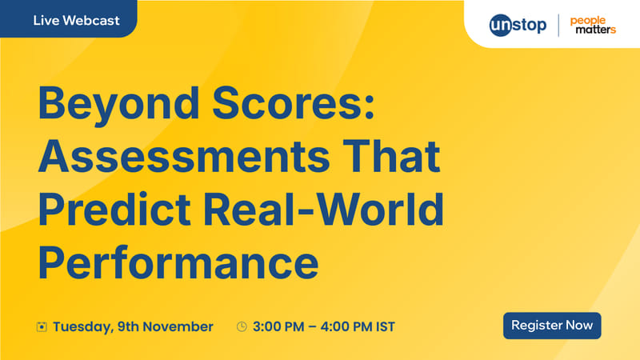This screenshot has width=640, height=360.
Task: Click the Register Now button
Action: tap(552, 326)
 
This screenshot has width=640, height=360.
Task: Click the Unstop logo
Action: tap(518, 25)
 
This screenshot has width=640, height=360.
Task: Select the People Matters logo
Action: tap(594, 25)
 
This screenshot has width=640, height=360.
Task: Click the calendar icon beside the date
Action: tap(42, 326)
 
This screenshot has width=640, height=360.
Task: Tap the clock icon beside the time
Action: tap(242, 326)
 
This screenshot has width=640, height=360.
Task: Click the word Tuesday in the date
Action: tap(82, 326)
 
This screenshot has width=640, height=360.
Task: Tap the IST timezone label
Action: tap(384, 326)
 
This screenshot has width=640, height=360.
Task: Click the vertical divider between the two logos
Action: tap(558, 25)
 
